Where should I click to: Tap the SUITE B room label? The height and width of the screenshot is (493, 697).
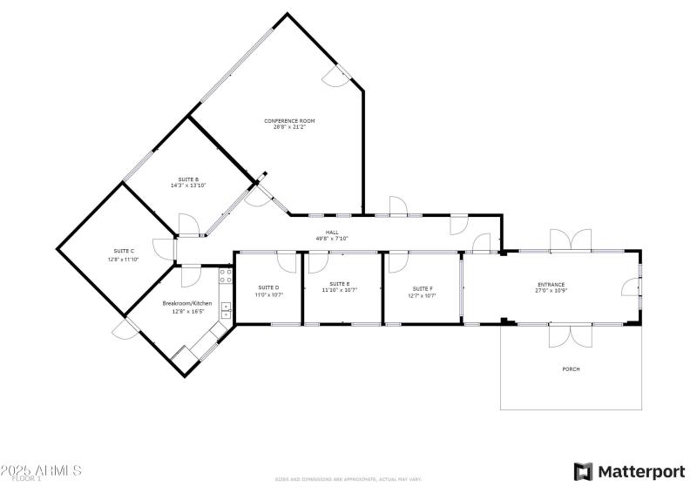178,179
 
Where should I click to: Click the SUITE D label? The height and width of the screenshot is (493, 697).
268,287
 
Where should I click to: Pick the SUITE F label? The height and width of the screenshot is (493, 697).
423,287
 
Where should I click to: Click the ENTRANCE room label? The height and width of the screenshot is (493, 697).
551,284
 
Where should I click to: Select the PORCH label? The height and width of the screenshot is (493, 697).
571,369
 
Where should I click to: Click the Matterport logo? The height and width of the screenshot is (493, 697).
629,471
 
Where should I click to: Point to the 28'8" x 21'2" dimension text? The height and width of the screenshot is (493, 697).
289,126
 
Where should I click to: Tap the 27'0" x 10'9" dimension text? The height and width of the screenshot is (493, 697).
551,290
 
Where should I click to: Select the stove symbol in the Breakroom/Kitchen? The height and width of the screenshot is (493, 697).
226,276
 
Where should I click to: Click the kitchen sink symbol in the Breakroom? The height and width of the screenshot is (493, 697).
226,309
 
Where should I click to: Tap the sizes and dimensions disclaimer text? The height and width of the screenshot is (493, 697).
348,479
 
